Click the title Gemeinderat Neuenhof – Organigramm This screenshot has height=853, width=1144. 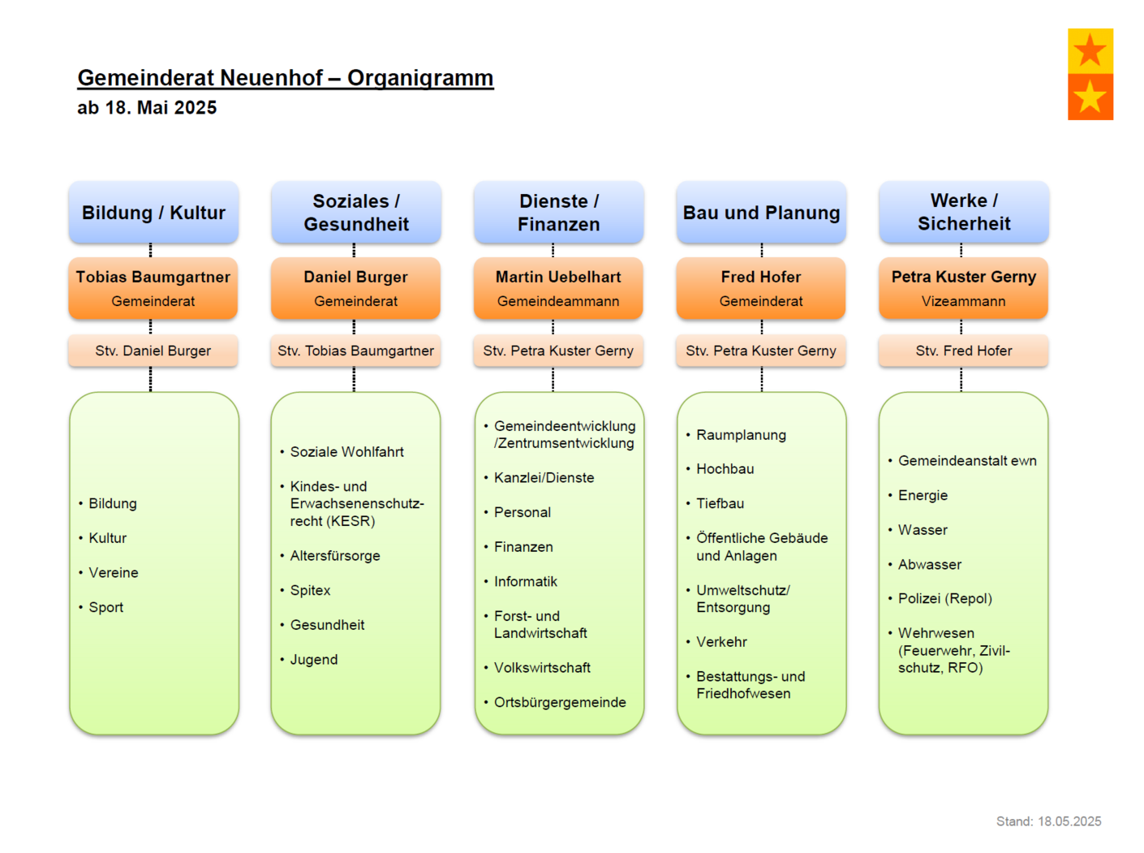[285, 78]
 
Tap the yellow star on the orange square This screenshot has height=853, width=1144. [1090, 97]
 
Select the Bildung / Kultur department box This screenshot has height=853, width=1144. [153, 212]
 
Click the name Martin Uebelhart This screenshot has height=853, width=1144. [557, 277]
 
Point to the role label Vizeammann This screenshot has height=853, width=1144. [963, 301]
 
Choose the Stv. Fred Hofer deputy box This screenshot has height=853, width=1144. [963, 351]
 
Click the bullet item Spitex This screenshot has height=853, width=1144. [310, 590]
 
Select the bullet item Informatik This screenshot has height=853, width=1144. [526, 581]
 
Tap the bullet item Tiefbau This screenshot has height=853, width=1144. [720, 503]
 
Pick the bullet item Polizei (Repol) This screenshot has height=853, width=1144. [944, 598]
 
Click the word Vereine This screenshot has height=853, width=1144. [114, 572]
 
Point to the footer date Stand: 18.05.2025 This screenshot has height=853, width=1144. [1048, 821]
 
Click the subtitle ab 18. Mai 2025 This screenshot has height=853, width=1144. [147, 107]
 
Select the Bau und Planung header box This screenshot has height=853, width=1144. [761, 212]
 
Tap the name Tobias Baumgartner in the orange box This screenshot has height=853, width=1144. [153, 277]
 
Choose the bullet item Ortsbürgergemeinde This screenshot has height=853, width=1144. [560, 702]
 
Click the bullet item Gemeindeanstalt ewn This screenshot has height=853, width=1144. [967, 460]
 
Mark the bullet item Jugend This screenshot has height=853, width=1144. [314, 660]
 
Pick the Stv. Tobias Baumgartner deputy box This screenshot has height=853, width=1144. [355, 351]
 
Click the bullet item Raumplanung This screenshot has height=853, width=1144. [741, 435]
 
